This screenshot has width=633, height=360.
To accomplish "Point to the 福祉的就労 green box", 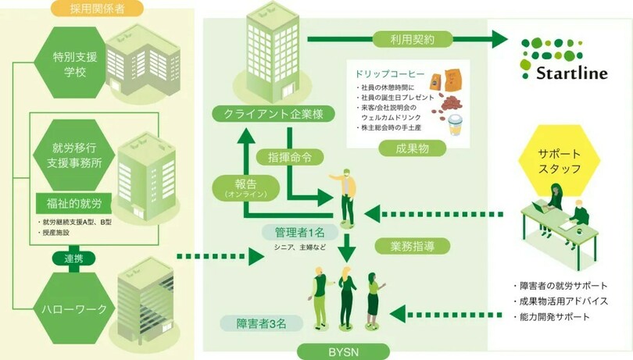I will (x=74, y=205).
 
